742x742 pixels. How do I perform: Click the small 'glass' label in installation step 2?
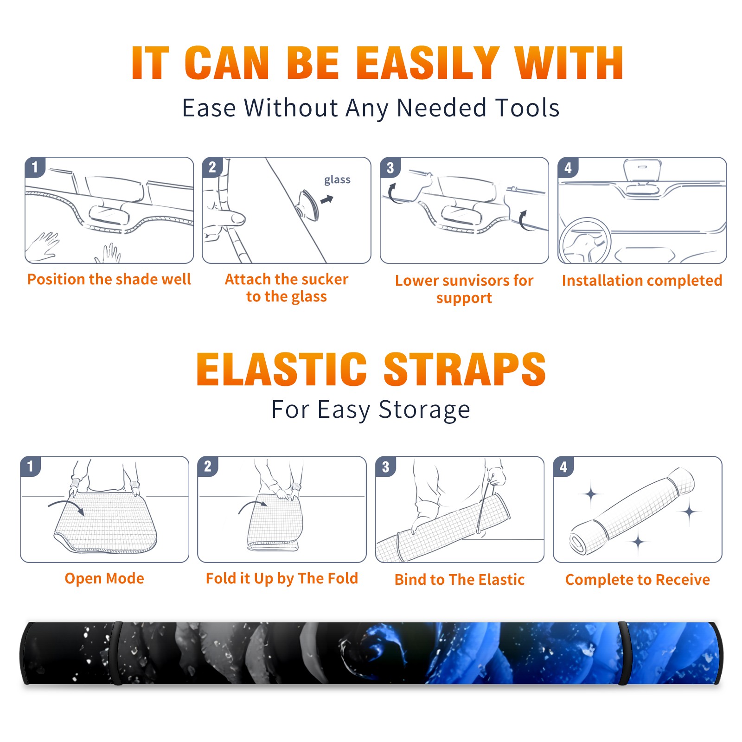click(337, 180)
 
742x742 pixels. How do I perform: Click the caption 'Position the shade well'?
click(109, 279)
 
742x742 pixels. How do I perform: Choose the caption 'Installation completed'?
click(642, 281)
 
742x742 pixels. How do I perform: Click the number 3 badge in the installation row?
click(390, 167)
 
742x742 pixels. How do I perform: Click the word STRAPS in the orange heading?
click(465, 369)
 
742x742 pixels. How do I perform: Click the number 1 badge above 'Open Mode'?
click(31, 466)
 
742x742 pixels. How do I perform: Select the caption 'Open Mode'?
click(104, 578)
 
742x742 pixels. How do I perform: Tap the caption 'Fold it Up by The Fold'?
click(282, 579)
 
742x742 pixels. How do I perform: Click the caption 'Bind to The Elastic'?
click(460, 580)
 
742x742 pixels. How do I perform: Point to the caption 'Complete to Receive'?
click(638, 580)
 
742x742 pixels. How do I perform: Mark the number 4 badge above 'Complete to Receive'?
click(563, 467)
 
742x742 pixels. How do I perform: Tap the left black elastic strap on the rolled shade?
click(116, 653)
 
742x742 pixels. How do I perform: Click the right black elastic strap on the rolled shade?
click(623, 653)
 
